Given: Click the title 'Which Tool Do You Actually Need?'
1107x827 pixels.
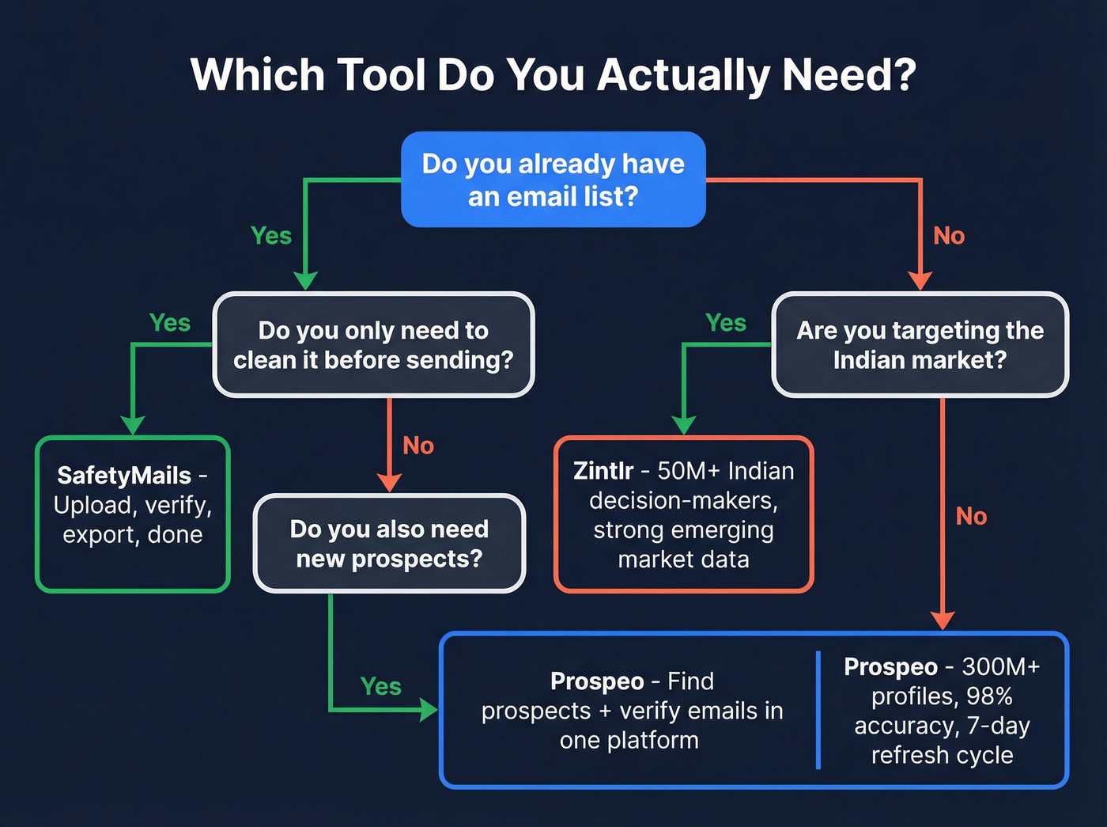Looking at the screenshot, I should point(553,75).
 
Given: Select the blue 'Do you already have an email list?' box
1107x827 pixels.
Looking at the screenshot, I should point(553,180).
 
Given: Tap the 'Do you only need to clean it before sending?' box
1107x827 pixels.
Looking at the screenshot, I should point(373,345).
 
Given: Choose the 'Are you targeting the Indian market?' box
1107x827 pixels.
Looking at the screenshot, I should point(920,345).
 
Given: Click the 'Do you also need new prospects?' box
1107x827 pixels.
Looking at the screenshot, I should point(389,544).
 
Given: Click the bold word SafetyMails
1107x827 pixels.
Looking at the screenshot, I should point(124,476).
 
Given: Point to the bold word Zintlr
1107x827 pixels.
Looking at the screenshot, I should point(603,471).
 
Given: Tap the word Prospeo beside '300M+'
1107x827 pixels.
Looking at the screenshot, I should point(890,667).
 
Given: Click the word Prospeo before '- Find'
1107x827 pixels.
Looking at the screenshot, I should point(597,681).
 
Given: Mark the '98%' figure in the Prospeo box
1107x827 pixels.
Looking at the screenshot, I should point(989,696).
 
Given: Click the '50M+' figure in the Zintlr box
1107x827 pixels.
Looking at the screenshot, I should point(689,471).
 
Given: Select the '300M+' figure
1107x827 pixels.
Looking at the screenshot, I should point(1000,667).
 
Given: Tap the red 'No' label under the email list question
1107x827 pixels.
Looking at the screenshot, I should point(949,236).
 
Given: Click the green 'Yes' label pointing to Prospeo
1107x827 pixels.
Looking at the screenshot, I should point(380,686).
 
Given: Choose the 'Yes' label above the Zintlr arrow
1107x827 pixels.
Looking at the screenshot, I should point(725,323).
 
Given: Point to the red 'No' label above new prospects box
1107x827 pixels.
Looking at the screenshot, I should point(418,446).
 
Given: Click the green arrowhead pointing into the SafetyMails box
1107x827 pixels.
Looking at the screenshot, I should point(133,425).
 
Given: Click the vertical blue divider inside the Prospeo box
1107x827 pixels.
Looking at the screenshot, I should point(818,710).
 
